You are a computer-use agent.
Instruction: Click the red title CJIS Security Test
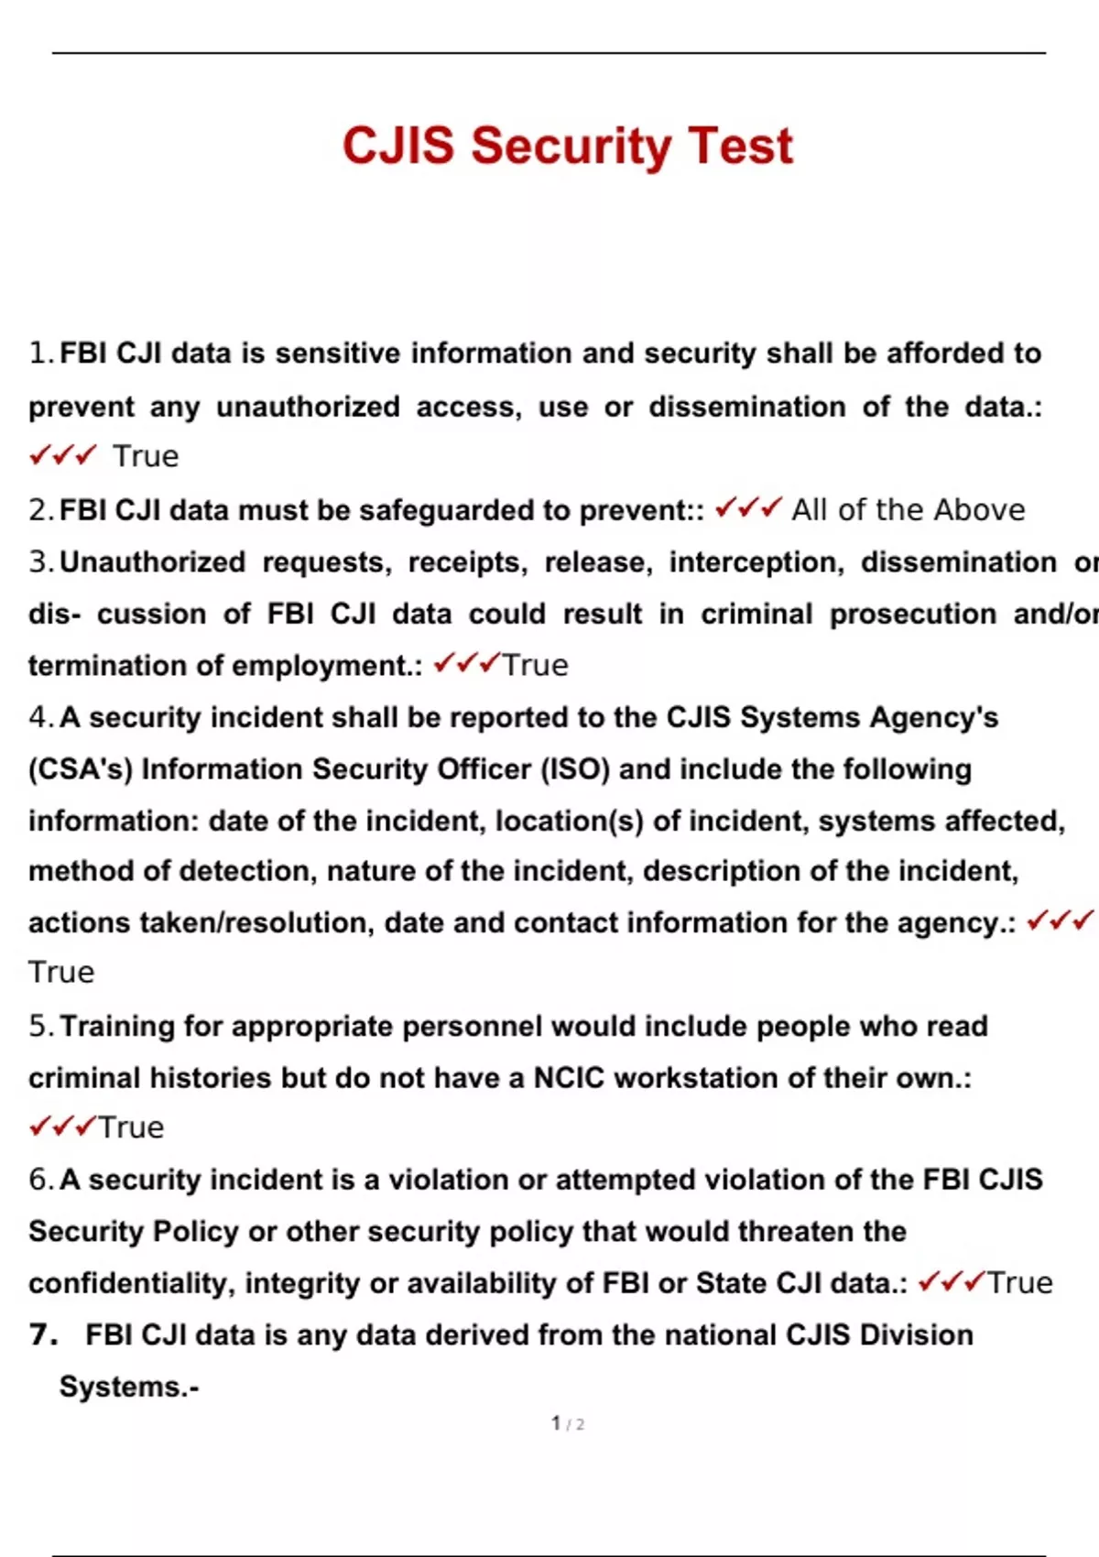(567, 146)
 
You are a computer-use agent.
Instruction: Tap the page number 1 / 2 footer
(567, 1423)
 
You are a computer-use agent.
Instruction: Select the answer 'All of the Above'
(908, 509)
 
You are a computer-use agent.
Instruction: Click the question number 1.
(40, 353)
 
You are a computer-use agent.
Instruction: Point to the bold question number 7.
(43, 1334)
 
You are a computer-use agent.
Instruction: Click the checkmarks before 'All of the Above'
(748, 507)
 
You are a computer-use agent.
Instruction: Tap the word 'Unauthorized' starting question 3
(153, 561)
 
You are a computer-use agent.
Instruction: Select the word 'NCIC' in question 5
(569, 1077)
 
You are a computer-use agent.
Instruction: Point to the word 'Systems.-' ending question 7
(129, 1387)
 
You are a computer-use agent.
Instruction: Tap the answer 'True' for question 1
(146, 456)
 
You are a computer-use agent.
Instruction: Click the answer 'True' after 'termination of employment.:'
(535, 665)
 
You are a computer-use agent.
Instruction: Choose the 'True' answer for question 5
(131, 1127)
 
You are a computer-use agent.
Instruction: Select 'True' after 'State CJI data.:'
(1019, 1283)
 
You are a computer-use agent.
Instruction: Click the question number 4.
(40, 717)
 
